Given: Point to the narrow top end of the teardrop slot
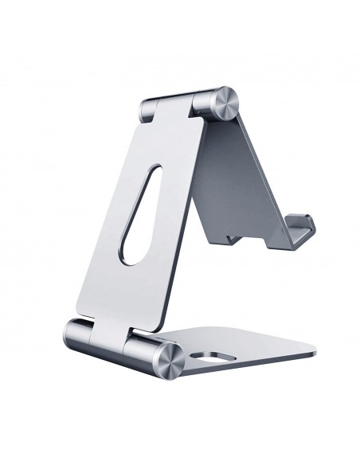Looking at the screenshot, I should [x=156, y=150].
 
